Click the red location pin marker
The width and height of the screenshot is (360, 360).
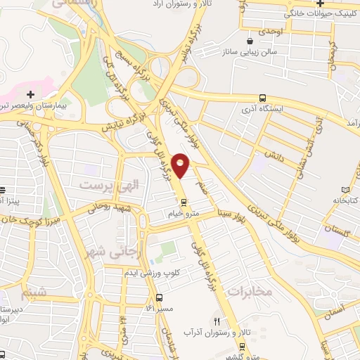[x=181, y=165]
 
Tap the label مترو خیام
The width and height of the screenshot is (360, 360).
[x=184, y=212]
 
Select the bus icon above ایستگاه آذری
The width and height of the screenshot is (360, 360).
[x=262, y=98]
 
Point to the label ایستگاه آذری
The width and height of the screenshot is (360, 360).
[x=262, y=110]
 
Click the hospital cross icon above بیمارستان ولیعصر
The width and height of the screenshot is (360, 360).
[x=30, y=94]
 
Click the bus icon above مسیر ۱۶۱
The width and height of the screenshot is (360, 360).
[x=160, y=297]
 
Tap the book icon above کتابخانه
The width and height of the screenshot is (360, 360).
[x=344, y=189]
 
